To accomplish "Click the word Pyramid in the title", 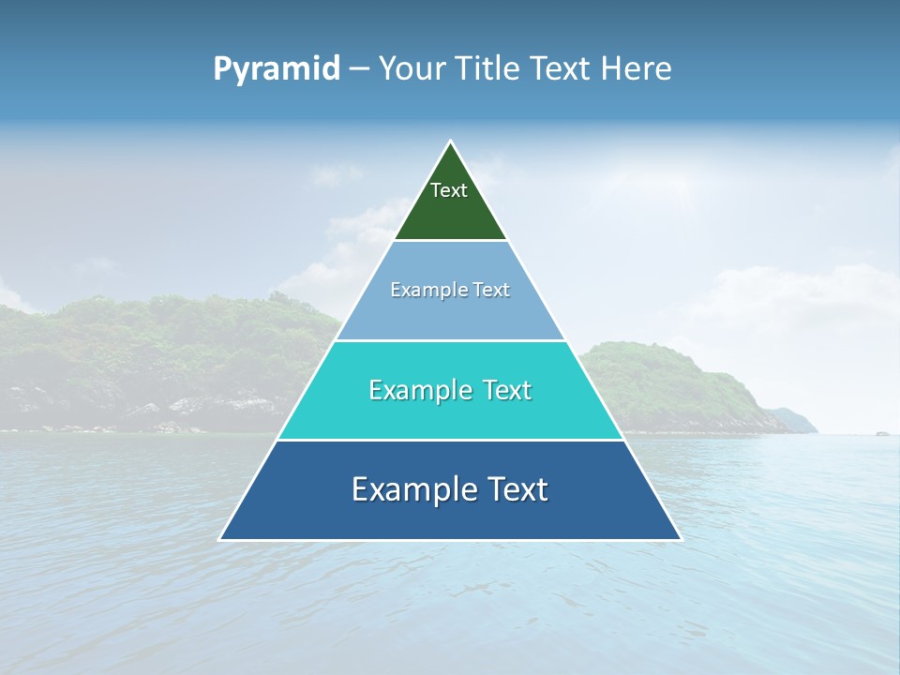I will (x=276, y=69).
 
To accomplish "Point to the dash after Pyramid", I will (x=358, y=69).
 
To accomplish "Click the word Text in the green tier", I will (x=449, y=190).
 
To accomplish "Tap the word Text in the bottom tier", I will (x=517, y=489).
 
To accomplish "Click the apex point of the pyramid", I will (x=450, y=142).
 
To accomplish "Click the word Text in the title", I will (x=562, y=69).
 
